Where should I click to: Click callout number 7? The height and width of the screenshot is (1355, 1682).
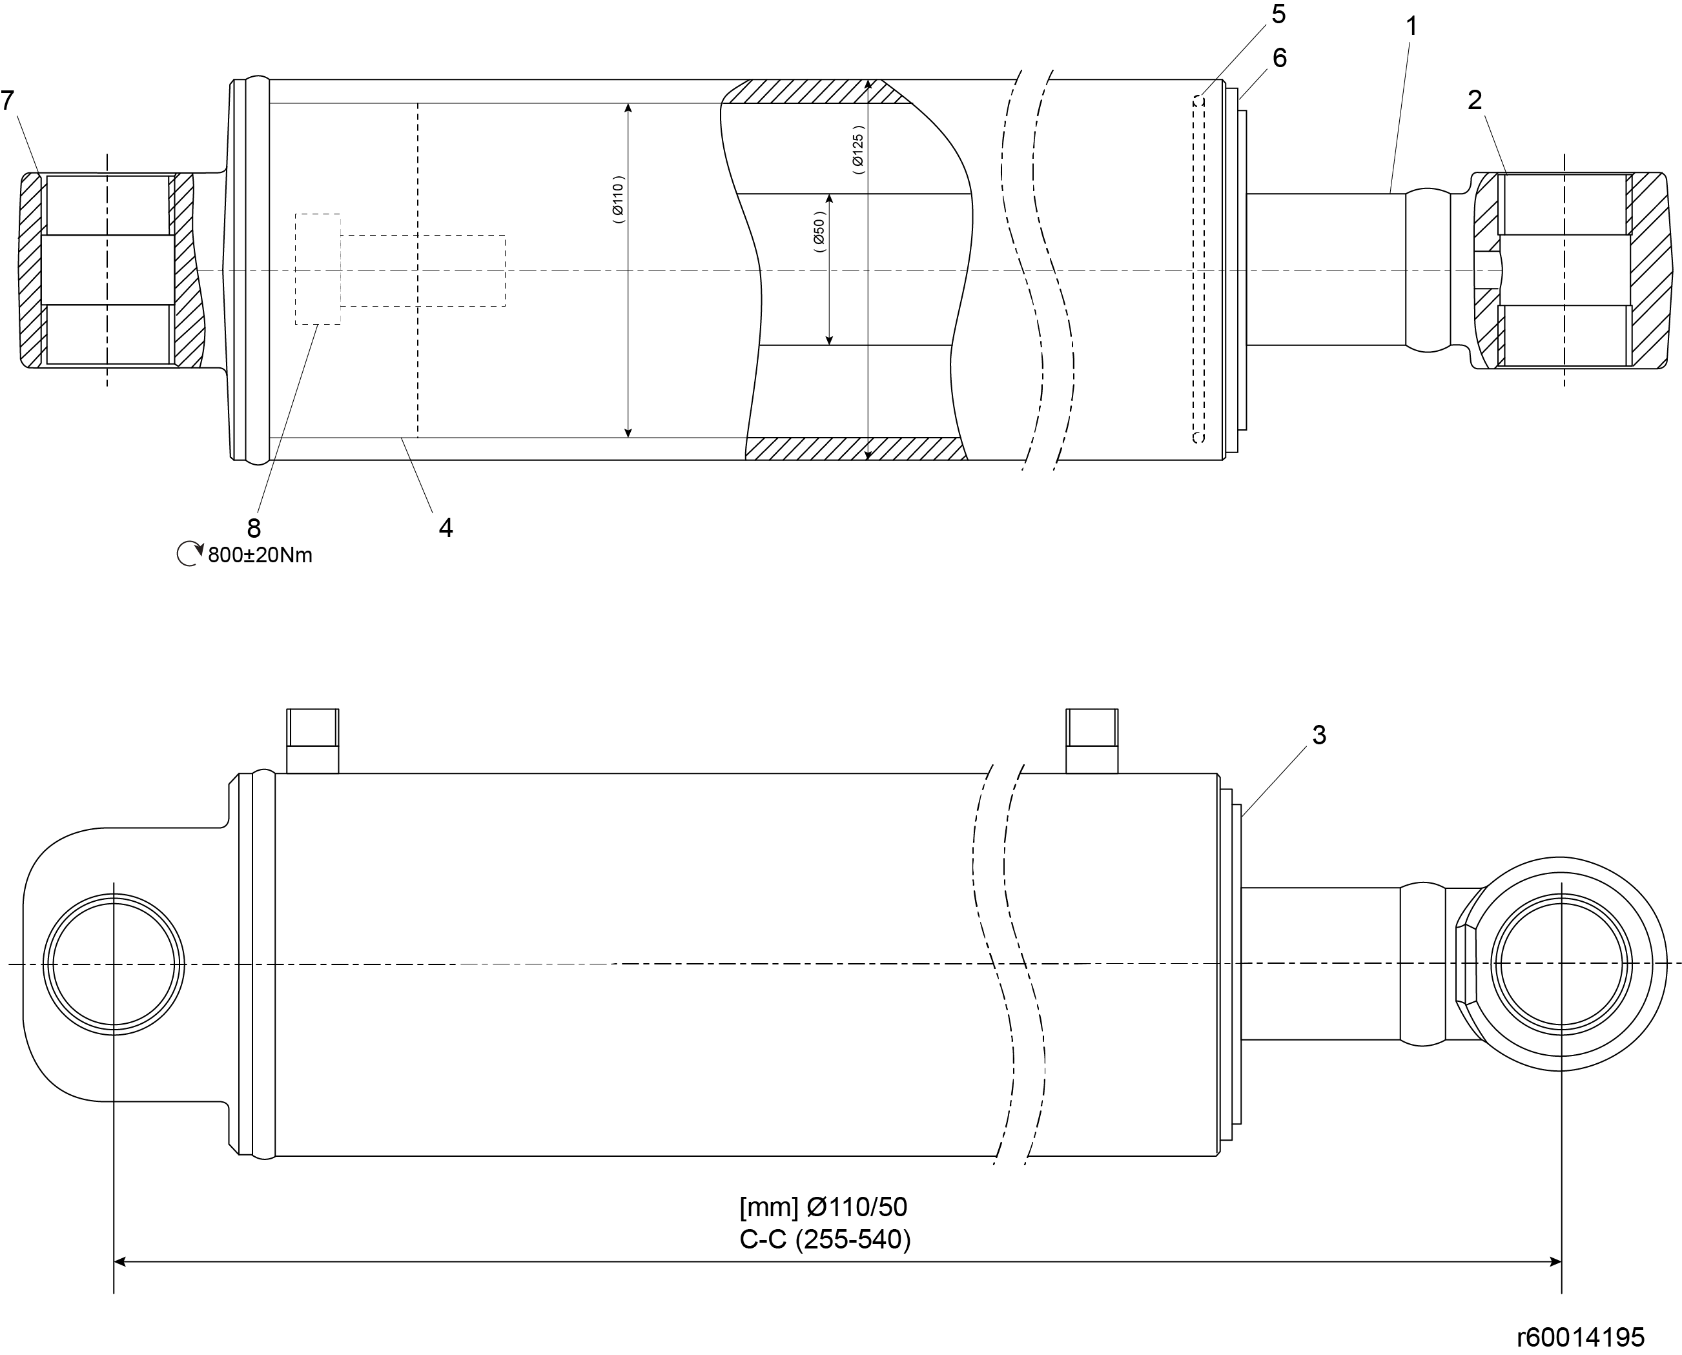tap(8, 100)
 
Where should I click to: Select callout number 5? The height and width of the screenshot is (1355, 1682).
tap(1278, 14)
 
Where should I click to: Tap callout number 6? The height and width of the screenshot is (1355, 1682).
tap(1279, 57)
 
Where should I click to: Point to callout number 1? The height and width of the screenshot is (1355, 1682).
tap(1411, 26)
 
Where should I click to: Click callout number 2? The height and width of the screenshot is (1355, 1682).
tap(1474, 100)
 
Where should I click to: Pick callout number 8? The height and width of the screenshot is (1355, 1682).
tap(254, 529)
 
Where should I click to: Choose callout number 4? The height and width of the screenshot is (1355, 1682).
tap(446, 527)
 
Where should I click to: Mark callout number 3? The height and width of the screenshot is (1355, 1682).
tap(1319, 735)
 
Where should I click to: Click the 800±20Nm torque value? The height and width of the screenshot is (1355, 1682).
tap(260, 555)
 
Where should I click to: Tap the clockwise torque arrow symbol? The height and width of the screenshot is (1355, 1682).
tap(189, 554)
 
